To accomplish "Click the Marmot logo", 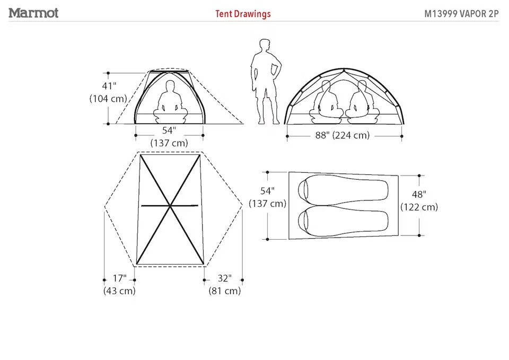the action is click(x=33, y=13).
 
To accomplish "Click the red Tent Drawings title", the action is click(x=243, y=14).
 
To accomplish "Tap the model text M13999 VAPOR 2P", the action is click(x=461, y=14).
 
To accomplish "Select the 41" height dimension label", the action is click(x=109, y=86).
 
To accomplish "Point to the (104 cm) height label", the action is click(x=108, y=99).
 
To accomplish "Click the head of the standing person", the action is click(x=265, y=45).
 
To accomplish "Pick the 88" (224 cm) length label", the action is click(x=343, y=135).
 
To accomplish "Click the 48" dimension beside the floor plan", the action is click(x=419, y=194).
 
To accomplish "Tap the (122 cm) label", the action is click(x=419, y=207).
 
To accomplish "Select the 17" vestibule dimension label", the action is click(x=119, y=278).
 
